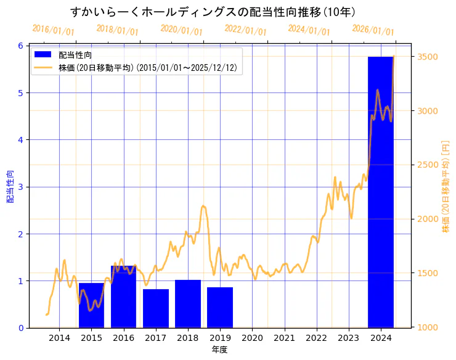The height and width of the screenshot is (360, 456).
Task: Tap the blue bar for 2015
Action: [91, 305]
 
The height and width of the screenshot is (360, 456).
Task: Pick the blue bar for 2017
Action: [155, 308]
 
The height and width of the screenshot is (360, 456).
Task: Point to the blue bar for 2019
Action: [220, 307]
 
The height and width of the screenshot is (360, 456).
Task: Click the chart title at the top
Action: [212, 12]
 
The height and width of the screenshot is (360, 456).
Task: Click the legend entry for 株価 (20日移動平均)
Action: [147, 68]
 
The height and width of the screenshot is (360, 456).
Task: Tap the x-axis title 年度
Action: [220, 350]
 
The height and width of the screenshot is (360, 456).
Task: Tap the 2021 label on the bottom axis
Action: [284, 338]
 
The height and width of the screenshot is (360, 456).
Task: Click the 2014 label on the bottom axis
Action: [59, 338]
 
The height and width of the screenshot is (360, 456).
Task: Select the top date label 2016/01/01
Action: [53, 30]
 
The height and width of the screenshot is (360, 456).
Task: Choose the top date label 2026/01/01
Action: [373, 30]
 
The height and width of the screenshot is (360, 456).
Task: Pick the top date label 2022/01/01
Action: [245, 30]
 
